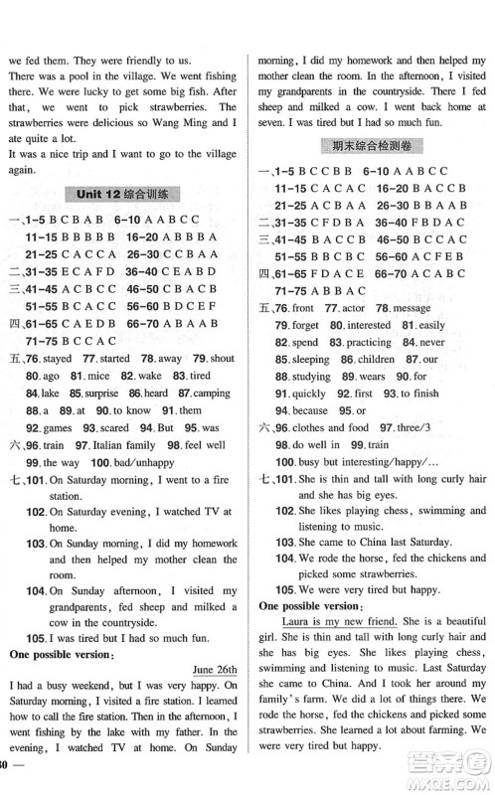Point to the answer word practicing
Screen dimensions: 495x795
pos(371,342)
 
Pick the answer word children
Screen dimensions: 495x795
pos(372,359)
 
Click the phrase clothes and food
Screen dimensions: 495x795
pos(339,427)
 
